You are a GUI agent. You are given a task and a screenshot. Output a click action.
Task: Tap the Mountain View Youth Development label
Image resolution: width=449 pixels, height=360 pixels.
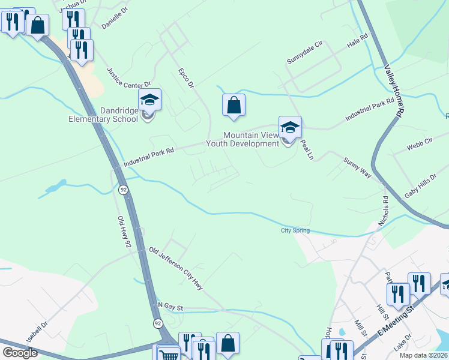[243, 139]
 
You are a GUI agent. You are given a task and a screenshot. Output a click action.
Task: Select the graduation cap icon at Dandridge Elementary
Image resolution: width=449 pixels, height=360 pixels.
[149, 101]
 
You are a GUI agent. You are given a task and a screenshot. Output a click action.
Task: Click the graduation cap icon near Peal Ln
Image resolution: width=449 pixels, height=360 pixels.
[289, 128]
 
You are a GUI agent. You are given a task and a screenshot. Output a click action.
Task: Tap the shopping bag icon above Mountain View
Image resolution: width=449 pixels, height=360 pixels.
[234, 106]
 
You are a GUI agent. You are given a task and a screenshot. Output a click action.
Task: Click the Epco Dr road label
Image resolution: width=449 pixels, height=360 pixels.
[186, 79]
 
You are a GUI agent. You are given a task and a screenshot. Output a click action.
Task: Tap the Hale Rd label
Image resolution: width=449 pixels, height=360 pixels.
[357, 43]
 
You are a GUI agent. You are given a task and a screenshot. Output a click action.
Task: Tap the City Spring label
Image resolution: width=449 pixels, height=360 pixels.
[295, 230]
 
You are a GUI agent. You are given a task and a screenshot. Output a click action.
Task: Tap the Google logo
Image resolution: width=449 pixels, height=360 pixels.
[20, 353]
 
